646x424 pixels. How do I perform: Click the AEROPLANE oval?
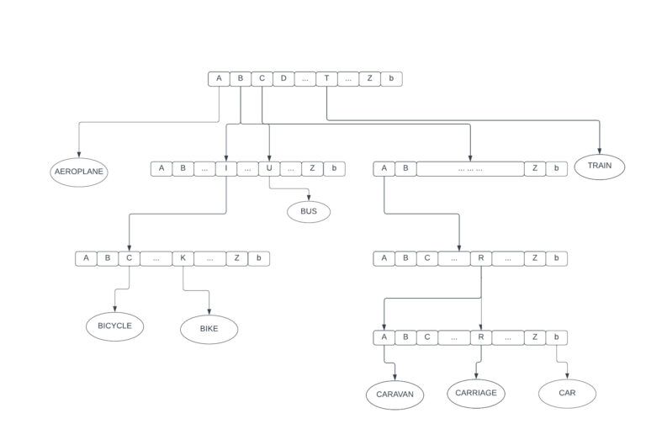pos(79,172)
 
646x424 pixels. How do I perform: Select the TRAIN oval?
pos(600,166)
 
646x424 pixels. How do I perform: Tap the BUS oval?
pos(309,211)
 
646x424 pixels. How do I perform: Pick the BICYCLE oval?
pos(115,326)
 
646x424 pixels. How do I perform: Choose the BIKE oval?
pos(209,329)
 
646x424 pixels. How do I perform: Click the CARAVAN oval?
pos(395,394)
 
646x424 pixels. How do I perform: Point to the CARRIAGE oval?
pos(476,392)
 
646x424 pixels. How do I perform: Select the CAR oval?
pos(567,393)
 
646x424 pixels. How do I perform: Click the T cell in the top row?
pos(326,79)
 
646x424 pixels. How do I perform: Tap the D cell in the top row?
pos(283,79)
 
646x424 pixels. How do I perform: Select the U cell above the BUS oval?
pos(269,168)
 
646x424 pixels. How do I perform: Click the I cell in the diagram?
pos(226,168)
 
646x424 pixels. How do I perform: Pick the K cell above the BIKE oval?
pos(183,258)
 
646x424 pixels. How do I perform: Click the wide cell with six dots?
pos(470,168)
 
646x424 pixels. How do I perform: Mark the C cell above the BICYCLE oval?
pos(129,258)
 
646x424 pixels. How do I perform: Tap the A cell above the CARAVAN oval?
pos(384,338)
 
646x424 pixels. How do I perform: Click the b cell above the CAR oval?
pos(556,338)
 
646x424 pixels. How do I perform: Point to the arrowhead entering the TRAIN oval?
pos(600,151)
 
